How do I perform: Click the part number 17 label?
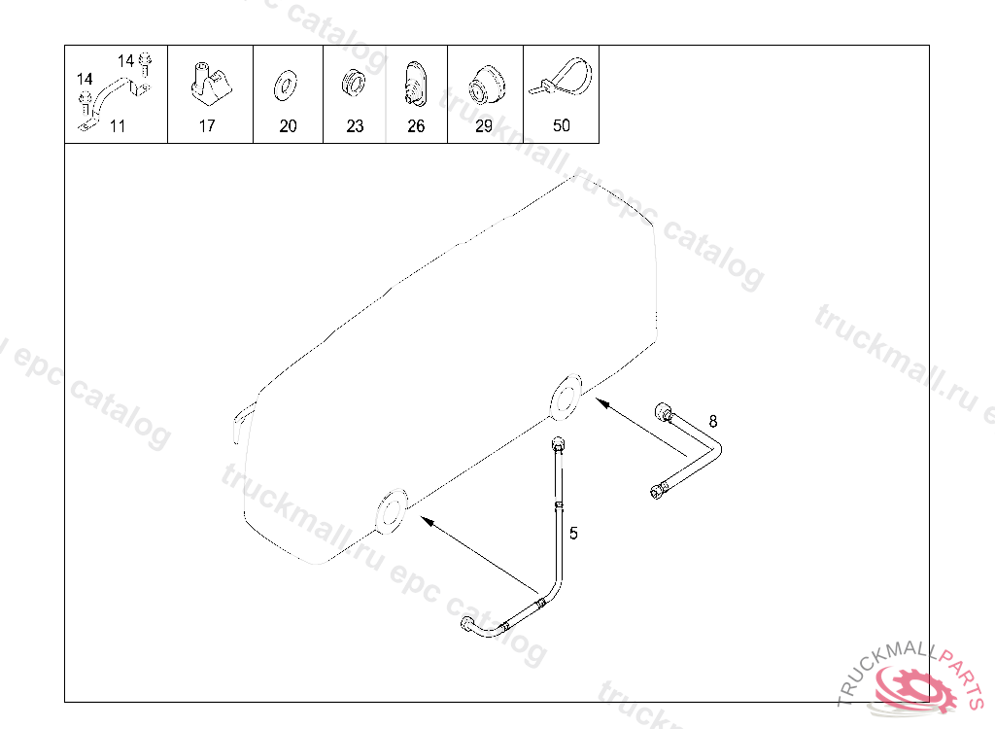click(x=207, y=125)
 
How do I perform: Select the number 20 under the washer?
click(x=288, y=125)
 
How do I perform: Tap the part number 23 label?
click(x=355, y=125)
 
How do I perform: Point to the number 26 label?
click(x=416, y=125)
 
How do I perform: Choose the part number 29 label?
click(x=484, y=125)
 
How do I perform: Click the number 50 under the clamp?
click(x=561, y=125)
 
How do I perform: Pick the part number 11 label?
click(x=118, y=125)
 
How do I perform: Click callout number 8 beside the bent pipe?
click(x=713, y=421)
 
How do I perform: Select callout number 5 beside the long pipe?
click(x=573, y=534)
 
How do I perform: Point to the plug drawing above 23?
click(x=354, y=84)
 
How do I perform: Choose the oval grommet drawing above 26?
click(x=415, y=84)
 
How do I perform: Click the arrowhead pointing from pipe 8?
click(x=601, y=402)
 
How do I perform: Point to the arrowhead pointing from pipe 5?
click(x=428, y=521)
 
